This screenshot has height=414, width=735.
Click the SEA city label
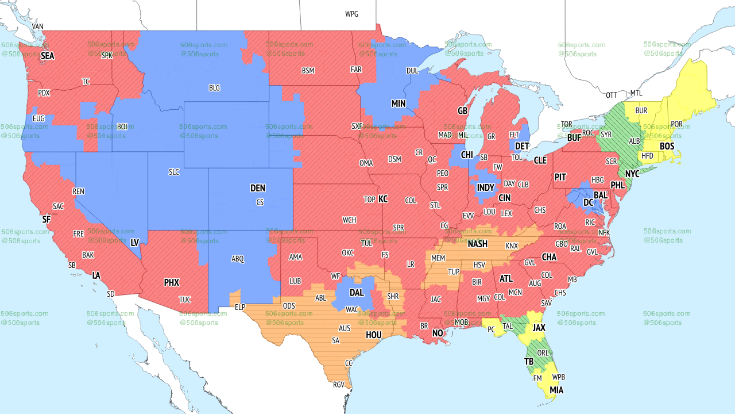click(x=47, y=56)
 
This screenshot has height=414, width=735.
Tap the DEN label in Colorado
click(x=258, y=188)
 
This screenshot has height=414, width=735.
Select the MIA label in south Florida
click(x=556, y=390)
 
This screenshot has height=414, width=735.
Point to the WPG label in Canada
click(x=351, y=14)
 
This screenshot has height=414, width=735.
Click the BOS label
click(x=667, y=147)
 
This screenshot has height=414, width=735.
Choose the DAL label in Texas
click(x=357, y=293)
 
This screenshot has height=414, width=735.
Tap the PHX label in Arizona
click(x=171, y=282)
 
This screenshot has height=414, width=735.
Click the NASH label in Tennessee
click(x=477, y=244)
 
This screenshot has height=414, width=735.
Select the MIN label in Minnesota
click(x=399, y=104)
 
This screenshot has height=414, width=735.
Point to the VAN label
click(x=37, y=26)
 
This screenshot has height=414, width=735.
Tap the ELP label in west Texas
click(x=240, y=307)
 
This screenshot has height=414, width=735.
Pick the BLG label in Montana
click(x=214, y=88)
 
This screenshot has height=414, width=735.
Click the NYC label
click(x=632, y=174)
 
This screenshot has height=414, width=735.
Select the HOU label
click(x=374, y=335)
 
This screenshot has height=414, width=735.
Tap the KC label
click(x=383, y=199)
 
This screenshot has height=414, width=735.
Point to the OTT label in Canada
click(x=612, y=95)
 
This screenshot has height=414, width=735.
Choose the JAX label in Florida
click(x=539, y=328)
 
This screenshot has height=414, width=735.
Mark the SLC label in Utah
click(x=174, y=172)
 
